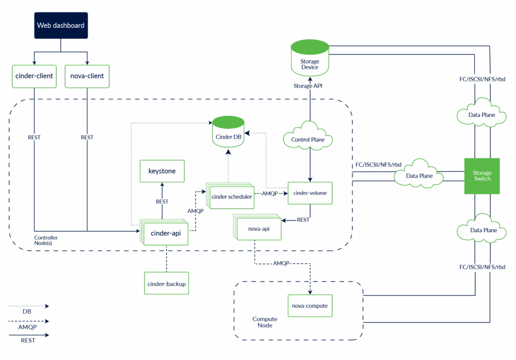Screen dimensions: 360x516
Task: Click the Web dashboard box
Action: pos(60,25)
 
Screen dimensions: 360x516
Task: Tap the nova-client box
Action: pos(88,76)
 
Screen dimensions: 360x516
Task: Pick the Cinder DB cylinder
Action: pos(228,132)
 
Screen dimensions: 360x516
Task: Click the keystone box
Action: pos(162,171)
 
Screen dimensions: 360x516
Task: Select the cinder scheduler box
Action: pos(231,196)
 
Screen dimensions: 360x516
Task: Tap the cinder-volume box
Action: pos(310,193)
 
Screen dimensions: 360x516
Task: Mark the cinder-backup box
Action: pos(166,284)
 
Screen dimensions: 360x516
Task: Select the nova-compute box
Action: pos(310,305)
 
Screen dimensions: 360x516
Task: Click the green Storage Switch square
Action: pos(482,176)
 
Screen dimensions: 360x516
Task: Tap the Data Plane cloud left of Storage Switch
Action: pos(419,176)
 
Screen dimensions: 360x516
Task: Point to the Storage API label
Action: pos(308,86)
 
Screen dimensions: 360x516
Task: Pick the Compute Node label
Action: pos(265,322)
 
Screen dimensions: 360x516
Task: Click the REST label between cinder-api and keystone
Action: pos(162,202)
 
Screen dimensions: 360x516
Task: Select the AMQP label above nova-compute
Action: pos(282,263)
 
